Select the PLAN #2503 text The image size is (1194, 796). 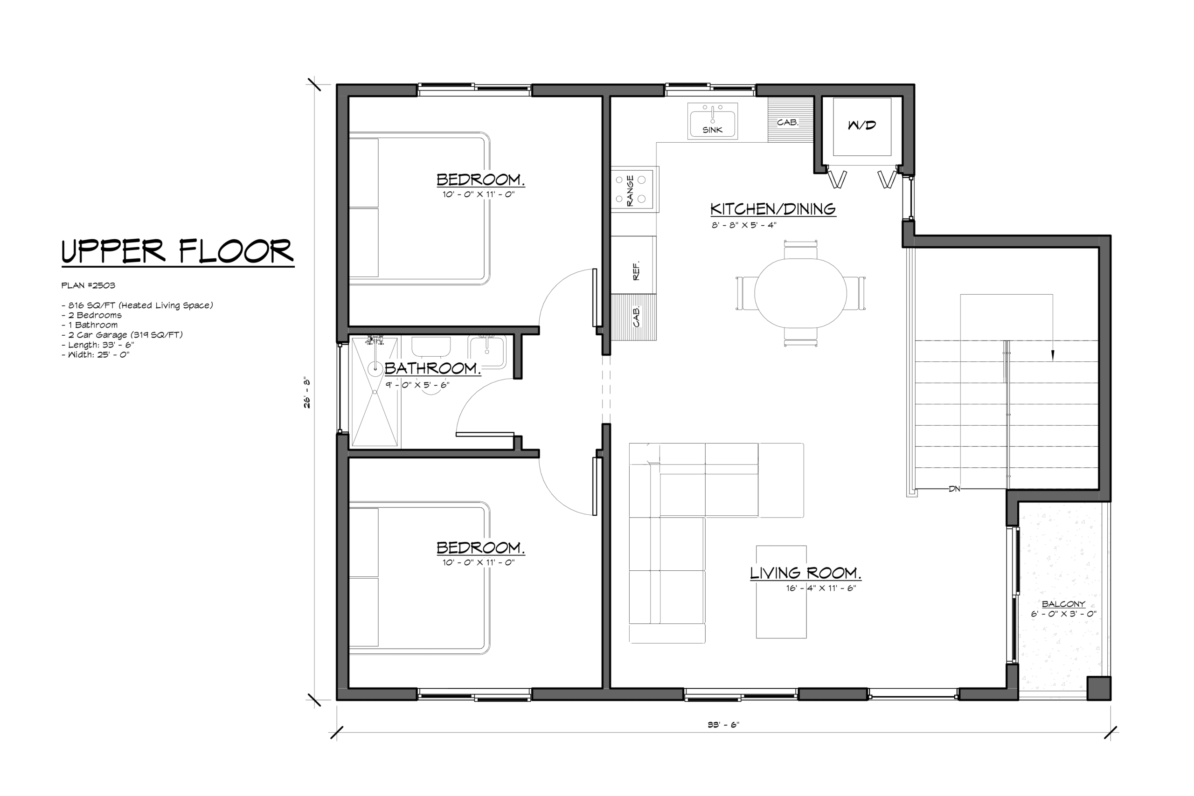88,285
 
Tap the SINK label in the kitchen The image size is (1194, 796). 712,130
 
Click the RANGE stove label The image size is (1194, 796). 630,190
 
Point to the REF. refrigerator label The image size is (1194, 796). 636,270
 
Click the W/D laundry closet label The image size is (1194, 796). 862,125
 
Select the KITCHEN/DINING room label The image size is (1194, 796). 773,208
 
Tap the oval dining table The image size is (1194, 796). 800,293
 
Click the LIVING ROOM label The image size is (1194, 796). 805,573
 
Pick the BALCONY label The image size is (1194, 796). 1063,604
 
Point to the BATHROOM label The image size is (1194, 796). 432,368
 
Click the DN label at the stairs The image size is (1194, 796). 954,489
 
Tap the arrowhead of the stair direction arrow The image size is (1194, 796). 1052,356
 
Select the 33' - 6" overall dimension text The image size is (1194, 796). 723,725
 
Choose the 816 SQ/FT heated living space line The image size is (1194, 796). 137,305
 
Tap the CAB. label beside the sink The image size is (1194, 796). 787,122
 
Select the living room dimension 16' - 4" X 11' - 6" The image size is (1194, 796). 821,588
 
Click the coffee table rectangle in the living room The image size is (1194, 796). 781,592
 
